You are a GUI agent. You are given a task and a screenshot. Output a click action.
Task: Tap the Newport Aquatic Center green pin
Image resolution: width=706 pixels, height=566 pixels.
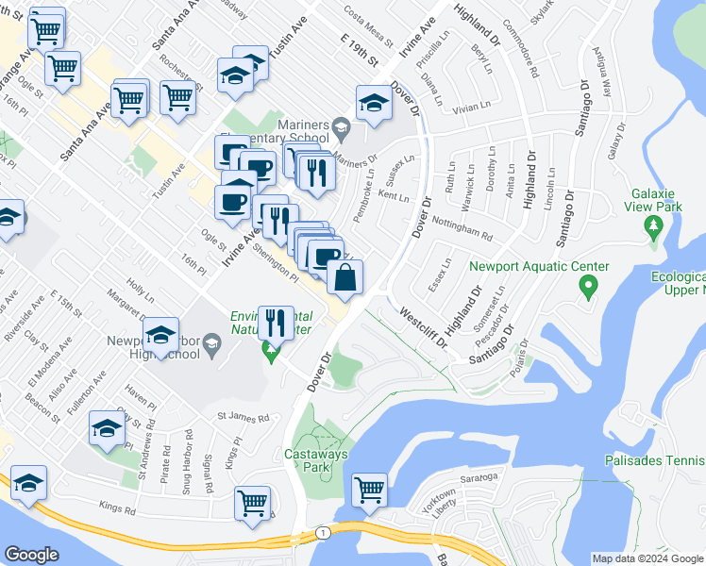coord(587,284)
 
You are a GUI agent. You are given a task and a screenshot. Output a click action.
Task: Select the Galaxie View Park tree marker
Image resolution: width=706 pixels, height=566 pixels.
coord(652,225)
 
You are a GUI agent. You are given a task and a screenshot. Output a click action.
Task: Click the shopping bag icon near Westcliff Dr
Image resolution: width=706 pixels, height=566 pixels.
coord(346,276)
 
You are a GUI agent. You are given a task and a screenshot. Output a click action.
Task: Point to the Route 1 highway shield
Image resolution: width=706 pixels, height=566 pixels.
coord(324,534)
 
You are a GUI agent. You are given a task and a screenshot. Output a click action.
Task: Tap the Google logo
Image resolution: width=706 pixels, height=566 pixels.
coord(32,555)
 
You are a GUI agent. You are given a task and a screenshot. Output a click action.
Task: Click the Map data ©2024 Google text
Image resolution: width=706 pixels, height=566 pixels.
coord(647,558)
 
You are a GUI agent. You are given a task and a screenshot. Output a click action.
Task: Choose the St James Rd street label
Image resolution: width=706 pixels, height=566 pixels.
coord(243,416)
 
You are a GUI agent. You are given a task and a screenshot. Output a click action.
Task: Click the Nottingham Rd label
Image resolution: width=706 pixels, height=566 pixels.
coord(462,227)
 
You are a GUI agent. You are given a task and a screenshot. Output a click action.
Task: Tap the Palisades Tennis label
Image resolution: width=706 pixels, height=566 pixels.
coord(654,460)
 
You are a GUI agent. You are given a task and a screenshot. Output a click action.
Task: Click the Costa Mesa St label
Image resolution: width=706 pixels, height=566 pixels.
coord(368,25)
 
